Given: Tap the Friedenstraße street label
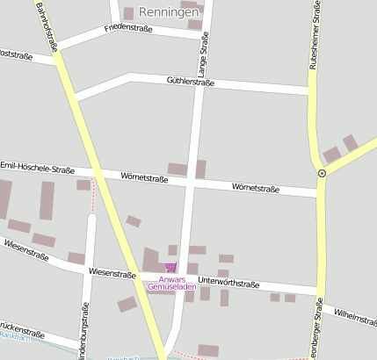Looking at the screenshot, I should pos(128,29).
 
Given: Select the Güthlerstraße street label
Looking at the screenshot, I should pos(191,81).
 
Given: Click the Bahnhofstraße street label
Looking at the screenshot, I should pos(47,25).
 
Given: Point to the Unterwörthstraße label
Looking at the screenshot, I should pos(228,284).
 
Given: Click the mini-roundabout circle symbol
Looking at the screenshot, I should pos(322,174).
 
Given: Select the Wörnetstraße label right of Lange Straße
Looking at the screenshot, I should pos(256,188).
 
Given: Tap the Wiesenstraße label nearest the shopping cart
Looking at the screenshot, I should pos(112,274).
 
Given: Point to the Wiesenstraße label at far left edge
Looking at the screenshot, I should pos(25,248).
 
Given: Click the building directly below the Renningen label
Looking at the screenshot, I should pos(194,25).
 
